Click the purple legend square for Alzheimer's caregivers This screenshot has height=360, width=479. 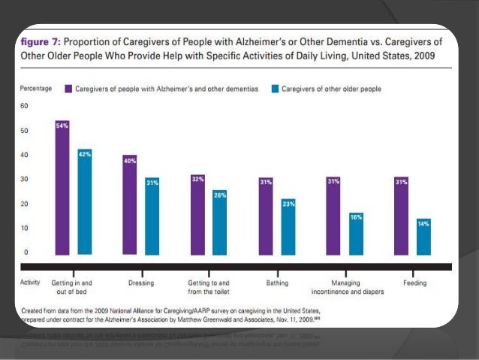68,89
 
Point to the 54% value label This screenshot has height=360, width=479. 62,126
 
